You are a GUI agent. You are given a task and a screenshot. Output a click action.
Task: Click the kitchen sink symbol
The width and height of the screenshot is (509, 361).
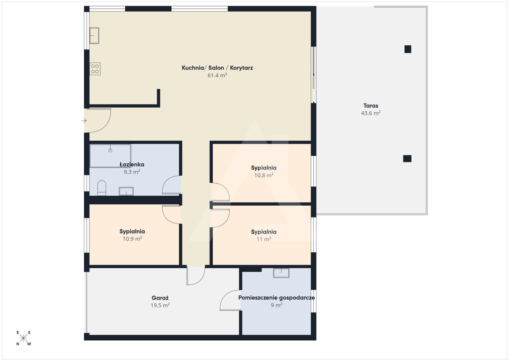coord(94,35)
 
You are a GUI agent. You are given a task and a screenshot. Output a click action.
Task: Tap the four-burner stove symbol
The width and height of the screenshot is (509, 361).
coord(95,69)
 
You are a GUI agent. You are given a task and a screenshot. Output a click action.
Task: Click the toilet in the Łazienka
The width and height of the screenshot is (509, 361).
coord(101,188)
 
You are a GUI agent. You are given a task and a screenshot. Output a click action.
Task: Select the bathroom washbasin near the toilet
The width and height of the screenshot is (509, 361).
coord(126,191)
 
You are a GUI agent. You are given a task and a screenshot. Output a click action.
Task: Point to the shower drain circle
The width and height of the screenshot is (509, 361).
coord(111,151)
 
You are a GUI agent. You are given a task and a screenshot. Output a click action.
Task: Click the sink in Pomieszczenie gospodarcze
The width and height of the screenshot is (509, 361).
coord(281,273)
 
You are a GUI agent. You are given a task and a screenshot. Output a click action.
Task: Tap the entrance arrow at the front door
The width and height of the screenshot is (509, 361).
coord(84,121)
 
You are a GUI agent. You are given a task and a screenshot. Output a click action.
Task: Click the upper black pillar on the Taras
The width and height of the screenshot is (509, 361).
coord(408,49)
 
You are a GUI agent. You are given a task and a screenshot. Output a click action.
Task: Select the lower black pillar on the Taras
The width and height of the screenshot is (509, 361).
coord(407,159)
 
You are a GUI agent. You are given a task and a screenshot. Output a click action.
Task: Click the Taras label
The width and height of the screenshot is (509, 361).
coord(371,106)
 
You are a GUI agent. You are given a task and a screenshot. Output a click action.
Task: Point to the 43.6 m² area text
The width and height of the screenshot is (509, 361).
coord(371,113)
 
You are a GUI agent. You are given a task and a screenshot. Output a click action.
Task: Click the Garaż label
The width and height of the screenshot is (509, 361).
coord(160,298)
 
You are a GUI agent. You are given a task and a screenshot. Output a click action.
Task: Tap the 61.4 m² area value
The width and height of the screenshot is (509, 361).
coord(217,75)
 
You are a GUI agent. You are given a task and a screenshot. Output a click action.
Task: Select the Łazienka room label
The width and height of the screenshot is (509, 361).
coord(132,164)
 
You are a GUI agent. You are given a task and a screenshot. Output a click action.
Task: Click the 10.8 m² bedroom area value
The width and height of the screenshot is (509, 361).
coord(264,175)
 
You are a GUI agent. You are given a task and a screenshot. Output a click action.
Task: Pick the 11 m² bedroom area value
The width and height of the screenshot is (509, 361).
coord(264,239)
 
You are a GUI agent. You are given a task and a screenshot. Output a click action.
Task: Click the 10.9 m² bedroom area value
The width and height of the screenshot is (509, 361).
coord(132,239)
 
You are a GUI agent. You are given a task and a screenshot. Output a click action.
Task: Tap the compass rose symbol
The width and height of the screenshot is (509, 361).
coord(23,338)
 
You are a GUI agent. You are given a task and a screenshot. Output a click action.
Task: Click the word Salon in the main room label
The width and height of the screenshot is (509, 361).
coord(216,68)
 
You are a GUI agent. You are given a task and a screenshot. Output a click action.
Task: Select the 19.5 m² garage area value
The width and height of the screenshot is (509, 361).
coord(160,305)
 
